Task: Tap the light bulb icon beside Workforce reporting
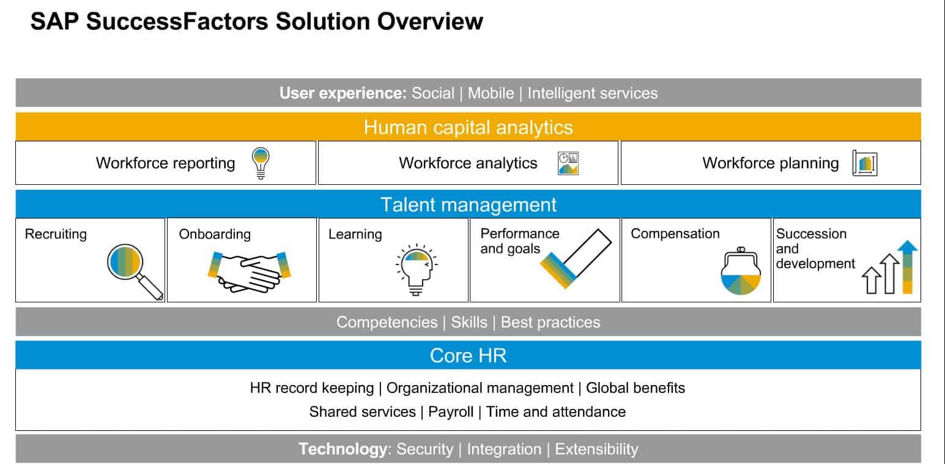[261, 163]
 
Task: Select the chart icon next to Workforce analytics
[568, 163]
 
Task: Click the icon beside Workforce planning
[865, 163]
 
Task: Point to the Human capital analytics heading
[468, 127]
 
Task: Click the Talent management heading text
[468, 204]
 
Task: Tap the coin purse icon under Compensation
[741, 273]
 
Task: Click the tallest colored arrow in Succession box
[908, 267]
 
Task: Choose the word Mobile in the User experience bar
[491, 93]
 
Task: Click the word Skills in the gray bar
[469, 322]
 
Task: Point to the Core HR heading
[468, 356]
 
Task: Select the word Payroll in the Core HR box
[451, 411]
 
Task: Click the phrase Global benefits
[635, 387]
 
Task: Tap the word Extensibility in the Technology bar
[596, 449]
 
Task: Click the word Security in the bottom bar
[424, 449]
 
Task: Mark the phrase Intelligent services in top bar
[592, 93]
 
